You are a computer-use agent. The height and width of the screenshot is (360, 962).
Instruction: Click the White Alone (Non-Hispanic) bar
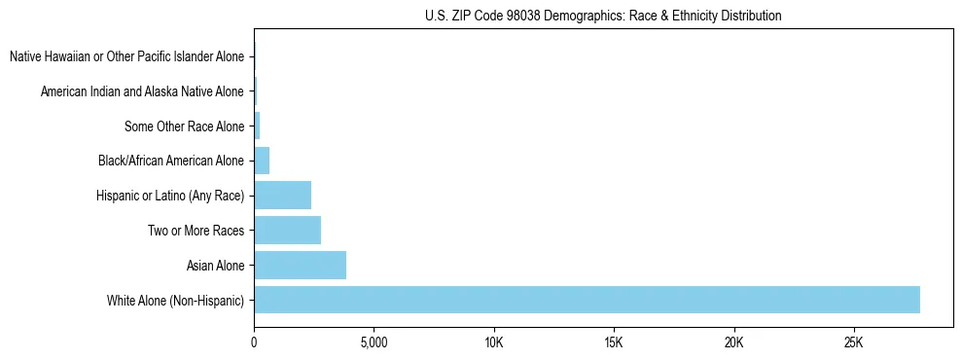click(587, 300)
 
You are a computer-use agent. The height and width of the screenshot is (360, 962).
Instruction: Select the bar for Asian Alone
click(300, 265)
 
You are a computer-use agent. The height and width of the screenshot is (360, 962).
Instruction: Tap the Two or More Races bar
click(287, 231)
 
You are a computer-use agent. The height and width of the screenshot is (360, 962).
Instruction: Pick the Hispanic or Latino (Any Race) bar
click(282, 196)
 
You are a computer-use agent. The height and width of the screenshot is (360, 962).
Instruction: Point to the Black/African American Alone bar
click(262, 161)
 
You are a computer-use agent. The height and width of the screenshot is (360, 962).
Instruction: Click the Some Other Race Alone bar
click(257, 126)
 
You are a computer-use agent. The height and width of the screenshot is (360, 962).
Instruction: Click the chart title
click(603, 16)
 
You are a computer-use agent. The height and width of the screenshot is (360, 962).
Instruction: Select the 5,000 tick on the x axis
click(374, 343)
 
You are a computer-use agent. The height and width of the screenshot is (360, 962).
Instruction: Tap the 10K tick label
click(493, 343)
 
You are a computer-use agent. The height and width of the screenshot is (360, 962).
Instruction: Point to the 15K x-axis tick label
click(614, 343)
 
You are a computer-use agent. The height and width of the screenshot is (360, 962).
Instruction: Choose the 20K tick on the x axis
click(733, 343)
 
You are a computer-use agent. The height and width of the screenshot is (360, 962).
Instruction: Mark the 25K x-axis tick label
click(853, 343)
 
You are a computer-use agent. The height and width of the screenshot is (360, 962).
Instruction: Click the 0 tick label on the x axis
click(254, 343)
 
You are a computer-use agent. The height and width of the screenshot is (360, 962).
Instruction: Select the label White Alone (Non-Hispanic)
click(176, 301)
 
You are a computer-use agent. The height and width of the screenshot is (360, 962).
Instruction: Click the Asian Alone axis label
click(215, 266)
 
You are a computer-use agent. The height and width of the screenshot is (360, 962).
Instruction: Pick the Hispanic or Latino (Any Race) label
click(170, 197)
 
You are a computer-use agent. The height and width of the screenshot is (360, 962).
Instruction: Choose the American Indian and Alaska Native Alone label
click(142, 92)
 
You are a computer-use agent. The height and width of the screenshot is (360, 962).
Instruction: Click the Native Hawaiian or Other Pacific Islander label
click(126, 57)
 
